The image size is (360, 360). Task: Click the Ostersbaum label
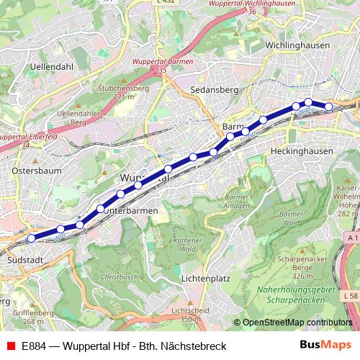coord(37,171)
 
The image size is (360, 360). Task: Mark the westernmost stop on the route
coord(31,238)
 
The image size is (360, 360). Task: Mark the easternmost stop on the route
coord(328,107)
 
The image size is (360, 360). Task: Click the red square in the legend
coord(10,346)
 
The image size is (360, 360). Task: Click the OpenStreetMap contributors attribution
coord(297,323)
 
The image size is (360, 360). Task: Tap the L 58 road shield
coord(350,296)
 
